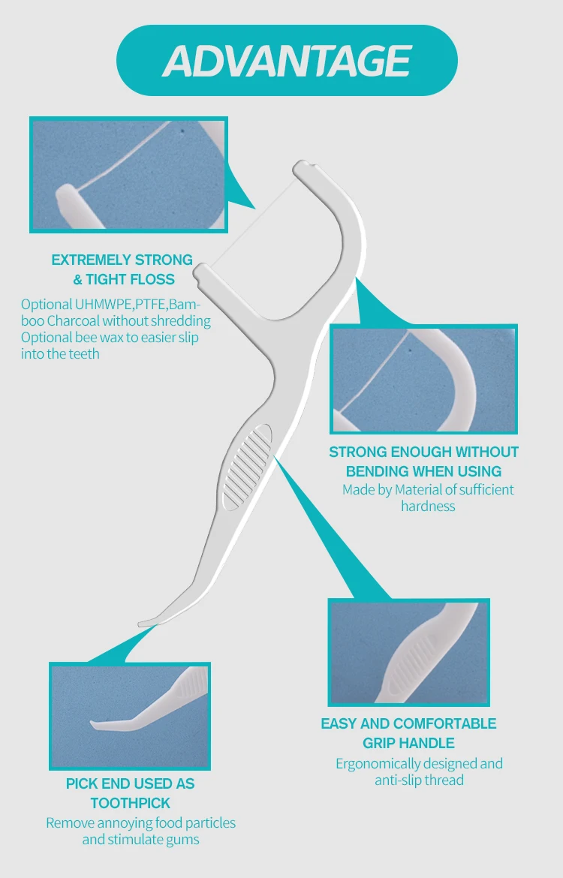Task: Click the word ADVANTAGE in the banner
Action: click(287, 61)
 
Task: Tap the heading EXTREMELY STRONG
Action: click(122, 260)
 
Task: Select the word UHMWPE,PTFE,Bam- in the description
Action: click(138, 305)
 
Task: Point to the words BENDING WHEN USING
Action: click(423, 471)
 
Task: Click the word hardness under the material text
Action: click(428, 506)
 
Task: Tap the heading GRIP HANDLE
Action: click(408, 743)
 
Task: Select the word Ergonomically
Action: click(378, 763)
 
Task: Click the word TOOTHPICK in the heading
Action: click(131, 803)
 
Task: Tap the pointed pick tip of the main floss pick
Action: click(144, 623)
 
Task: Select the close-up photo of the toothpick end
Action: click(129, 716)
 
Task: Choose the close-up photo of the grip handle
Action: click(409, 652)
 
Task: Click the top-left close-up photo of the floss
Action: click(128, 173)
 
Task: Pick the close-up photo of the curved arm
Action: click(423, 380)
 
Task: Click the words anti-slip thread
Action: click(419, 780)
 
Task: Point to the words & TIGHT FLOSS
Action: click(124, 280)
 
